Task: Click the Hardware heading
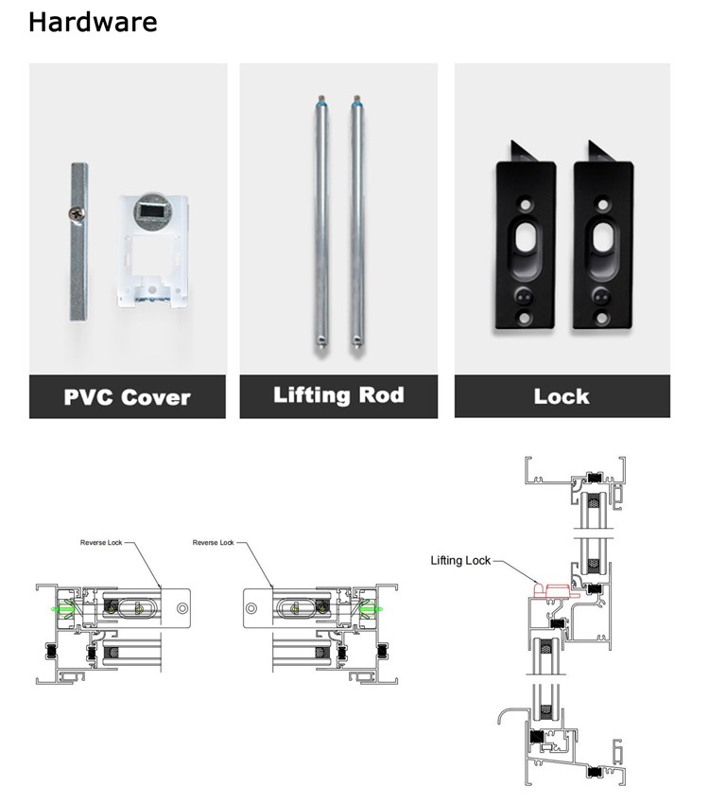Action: pyautogui.click(x=93, y=22)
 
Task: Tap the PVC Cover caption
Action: pyautogui.click(x=127, y=397)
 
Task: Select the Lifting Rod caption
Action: pyautogui.click(x=337, y=395)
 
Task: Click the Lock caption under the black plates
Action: pyautogui.click(x=562, y=397)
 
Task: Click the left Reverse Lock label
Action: pyautogui.click(x=101, y=543)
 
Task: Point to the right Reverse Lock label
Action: pyautogui.click(x=213, y=543)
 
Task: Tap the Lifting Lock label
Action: pyautogui.click(x=460, y=561)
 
